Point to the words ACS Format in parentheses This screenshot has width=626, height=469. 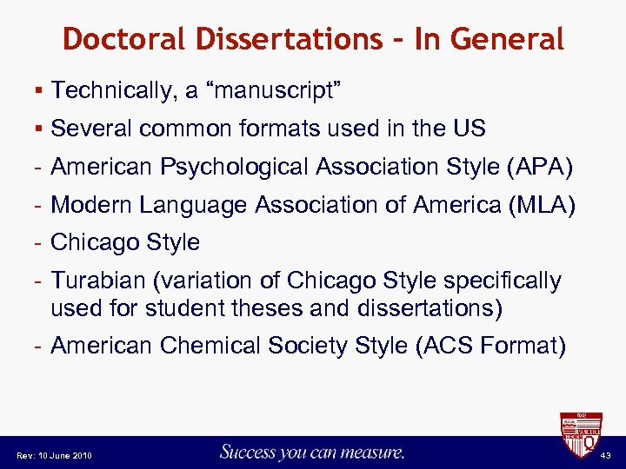[492, 347]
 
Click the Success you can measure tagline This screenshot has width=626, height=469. [312, 452]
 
